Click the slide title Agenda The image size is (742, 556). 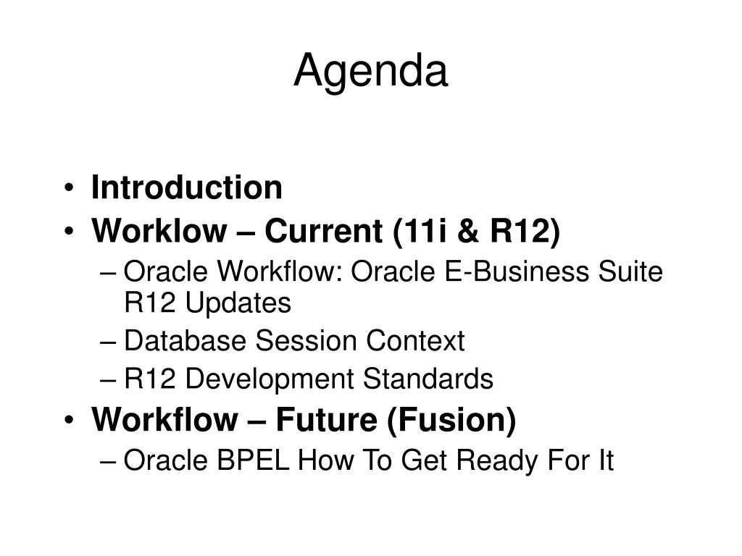(370, 72)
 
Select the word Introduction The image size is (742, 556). (187, 188)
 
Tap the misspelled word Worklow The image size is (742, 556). (159, 230)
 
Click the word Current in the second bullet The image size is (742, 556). (323, 230)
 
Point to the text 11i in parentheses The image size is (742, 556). (420, 230)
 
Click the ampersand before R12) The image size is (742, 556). (469, 231)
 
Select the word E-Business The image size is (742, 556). (517, 271)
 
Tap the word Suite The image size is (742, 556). (630, 271)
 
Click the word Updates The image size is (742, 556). (238, 303)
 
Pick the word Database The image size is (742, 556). (185, 340)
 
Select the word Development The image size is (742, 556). (270, 379)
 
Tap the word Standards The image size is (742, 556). (428, 379)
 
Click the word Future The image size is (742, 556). (327, 419)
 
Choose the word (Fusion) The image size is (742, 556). (451, 420)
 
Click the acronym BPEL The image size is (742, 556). (253, 460)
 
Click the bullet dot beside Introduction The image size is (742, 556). (69, 188)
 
